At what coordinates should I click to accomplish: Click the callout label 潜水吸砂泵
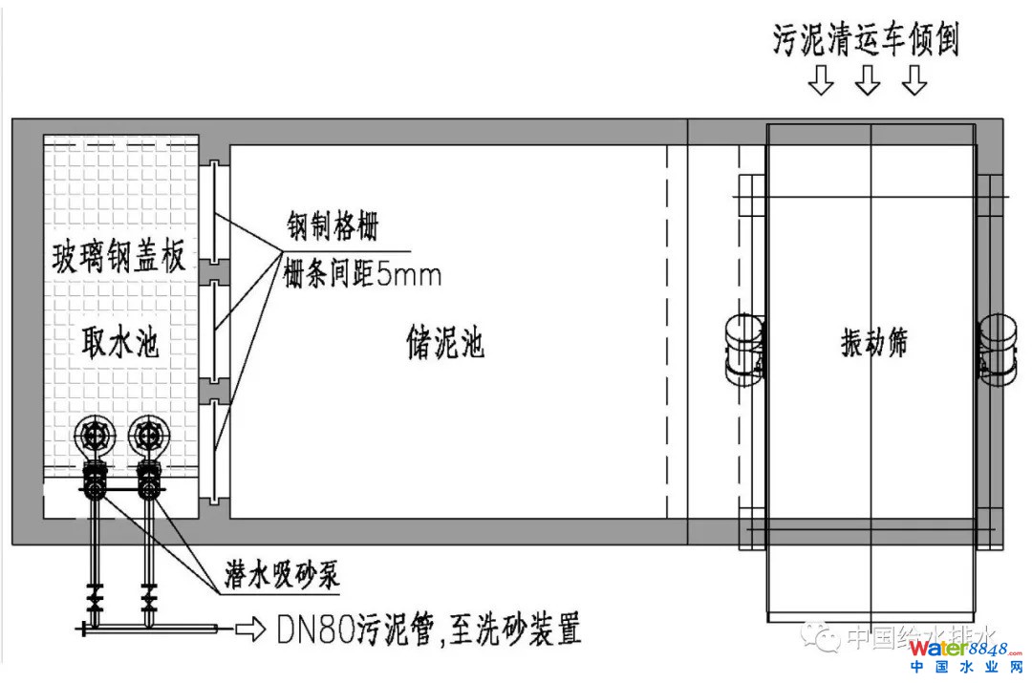click(283, 576)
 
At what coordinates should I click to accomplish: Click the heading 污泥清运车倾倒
click(865, 41)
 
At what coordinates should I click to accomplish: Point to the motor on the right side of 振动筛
click(998, 348)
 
